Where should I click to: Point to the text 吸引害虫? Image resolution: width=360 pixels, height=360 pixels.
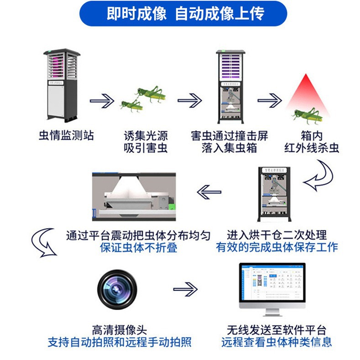[146, 148]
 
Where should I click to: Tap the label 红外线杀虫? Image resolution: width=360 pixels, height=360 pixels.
[312, 148]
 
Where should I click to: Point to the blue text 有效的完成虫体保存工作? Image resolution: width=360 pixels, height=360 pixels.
[277, 247]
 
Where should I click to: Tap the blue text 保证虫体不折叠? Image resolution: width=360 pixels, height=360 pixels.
[138, 248]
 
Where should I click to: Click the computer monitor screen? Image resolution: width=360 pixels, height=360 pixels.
[272, 285]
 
